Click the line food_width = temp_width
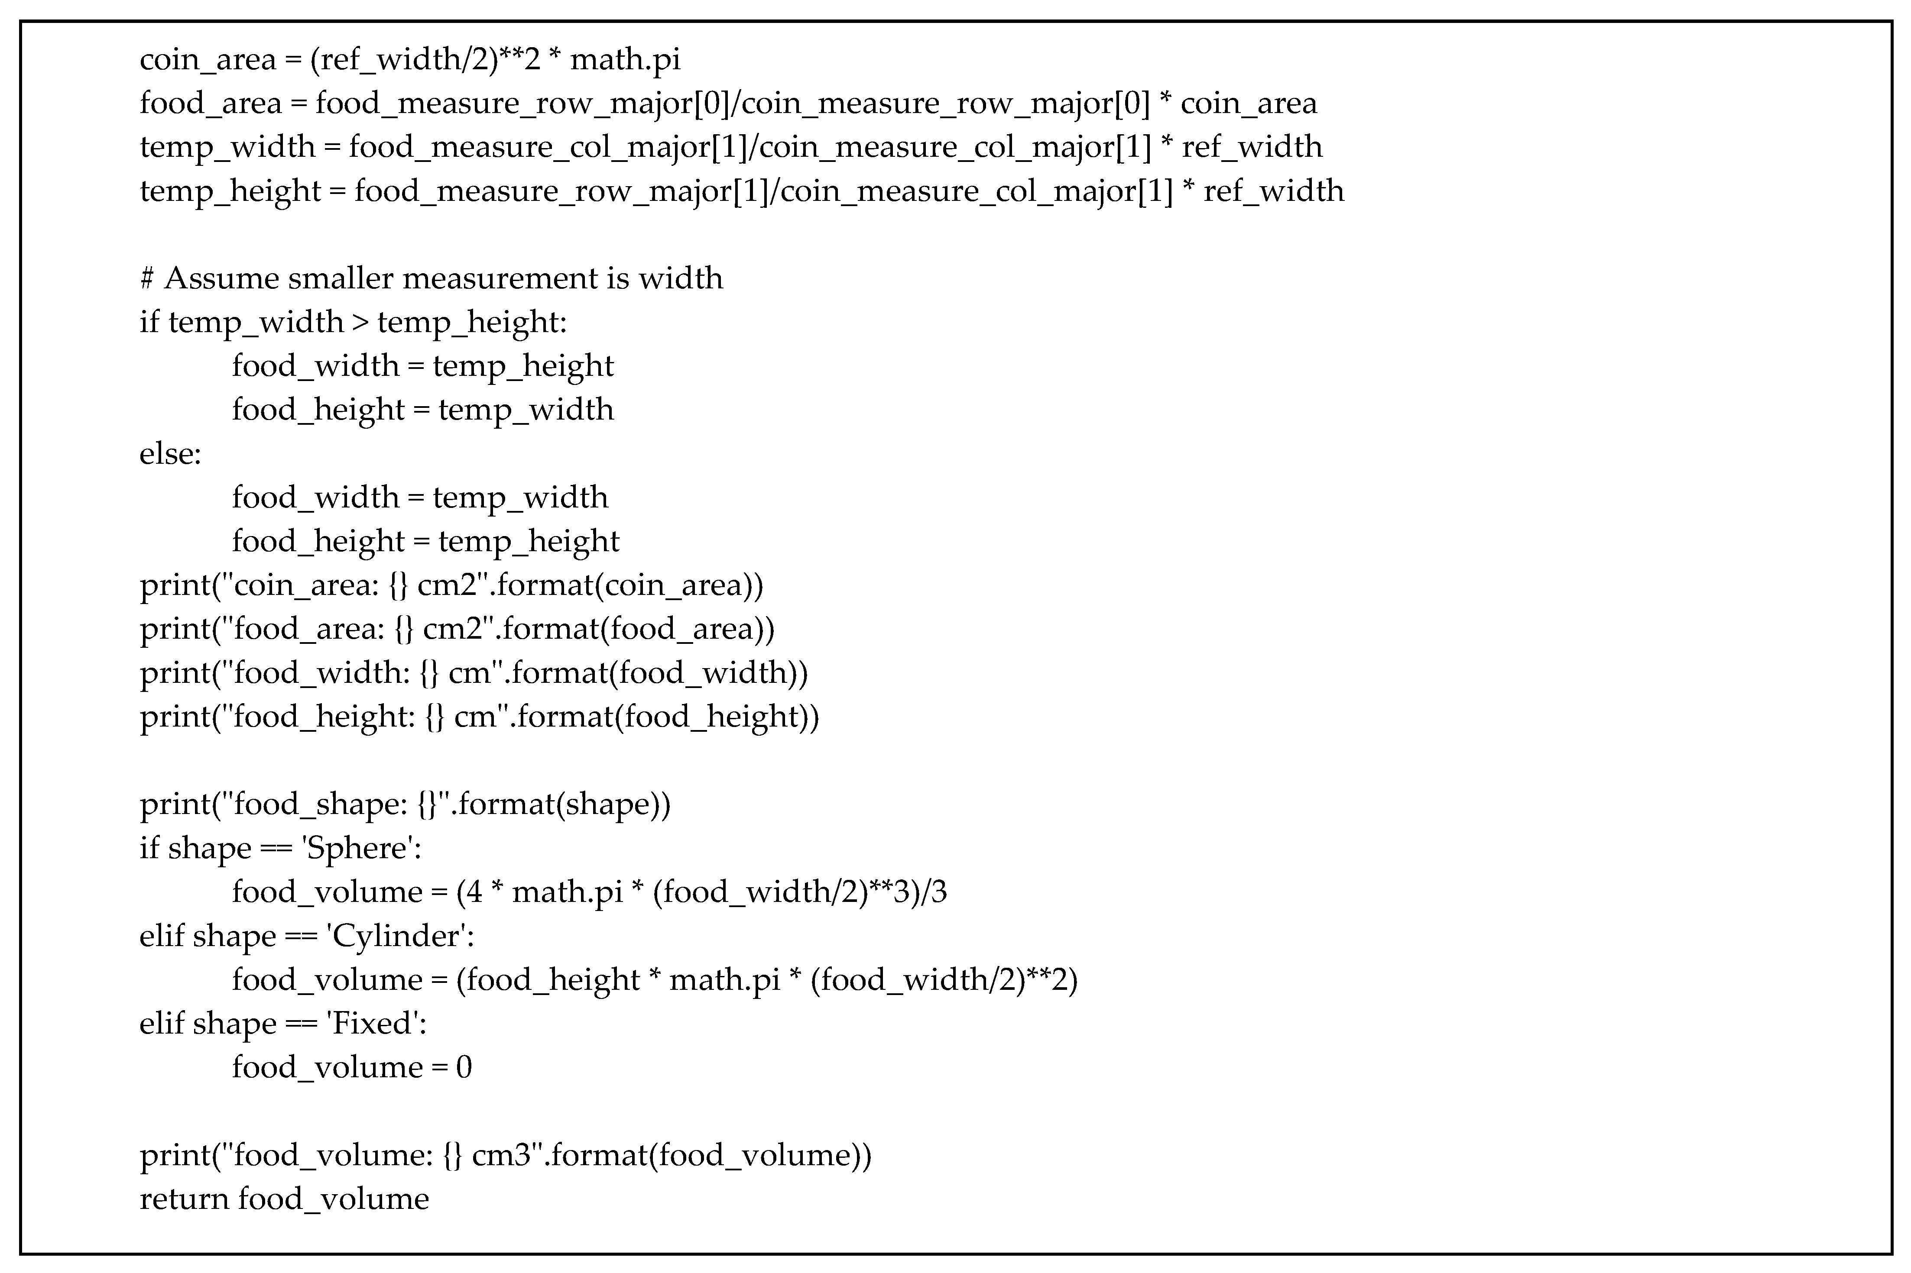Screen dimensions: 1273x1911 [x=419, y=498]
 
